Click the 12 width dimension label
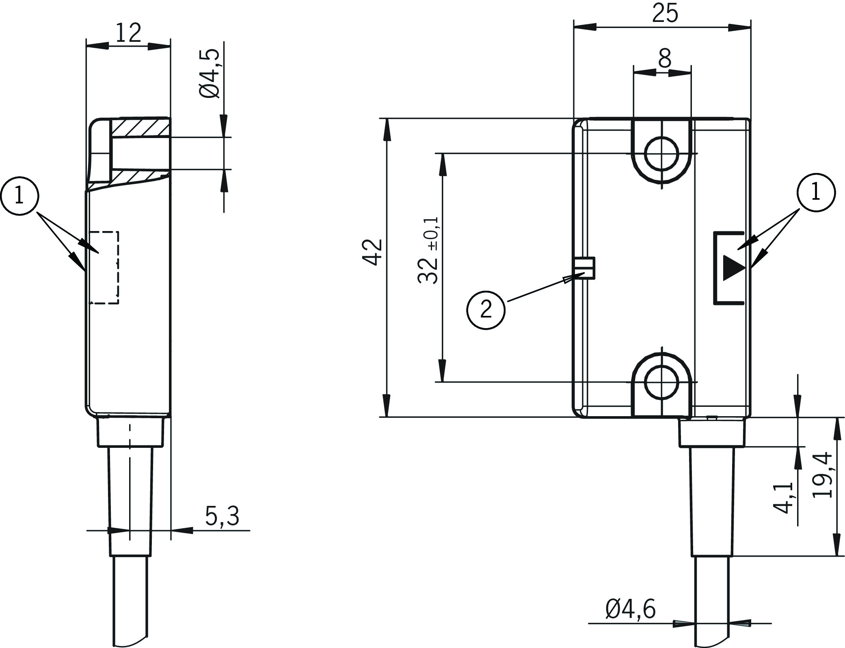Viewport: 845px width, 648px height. tap(128, 33)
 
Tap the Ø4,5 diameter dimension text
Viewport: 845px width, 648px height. tap(210, 74)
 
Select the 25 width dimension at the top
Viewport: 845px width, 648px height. tap(665, 13)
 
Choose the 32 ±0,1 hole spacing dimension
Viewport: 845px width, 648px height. tap(428, 250)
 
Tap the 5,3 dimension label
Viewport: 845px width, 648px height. tap(222, 516)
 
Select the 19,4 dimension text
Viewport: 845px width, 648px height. tap(823, 475)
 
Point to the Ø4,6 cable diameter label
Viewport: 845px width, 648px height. tap(630, 620)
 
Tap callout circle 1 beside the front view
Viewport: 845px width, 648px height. tap(816, 192)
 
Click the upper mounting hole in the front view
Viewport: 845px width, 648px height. tap(662, 154)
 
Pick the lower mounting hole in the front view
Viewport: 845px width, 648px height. tap(662, 382)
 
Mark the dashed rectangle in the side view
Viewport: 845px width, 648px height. tap(104, 267)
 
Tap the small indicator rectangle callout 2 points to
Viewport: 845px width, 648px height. tap(585, 268)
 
